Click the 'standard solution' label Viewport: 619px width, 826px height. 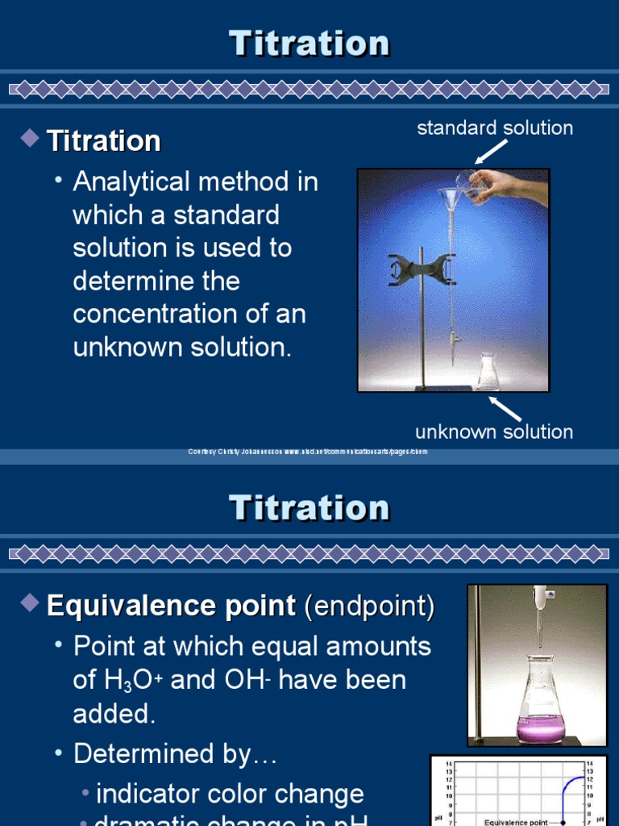point(495,128)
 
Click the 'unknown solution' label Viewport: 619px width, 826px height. point(494,432)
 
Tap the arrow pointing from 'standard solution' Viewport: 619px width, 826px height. point(491,152)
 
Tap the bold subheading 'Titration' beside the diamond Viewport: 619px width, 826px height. point(104,141)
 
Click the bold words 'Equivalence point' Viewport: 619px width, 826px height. point(171,606)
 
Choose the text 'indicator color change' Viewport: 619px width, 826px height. point(230,794)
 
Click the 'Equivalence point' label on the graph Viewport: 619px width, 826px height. point(516,822)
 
